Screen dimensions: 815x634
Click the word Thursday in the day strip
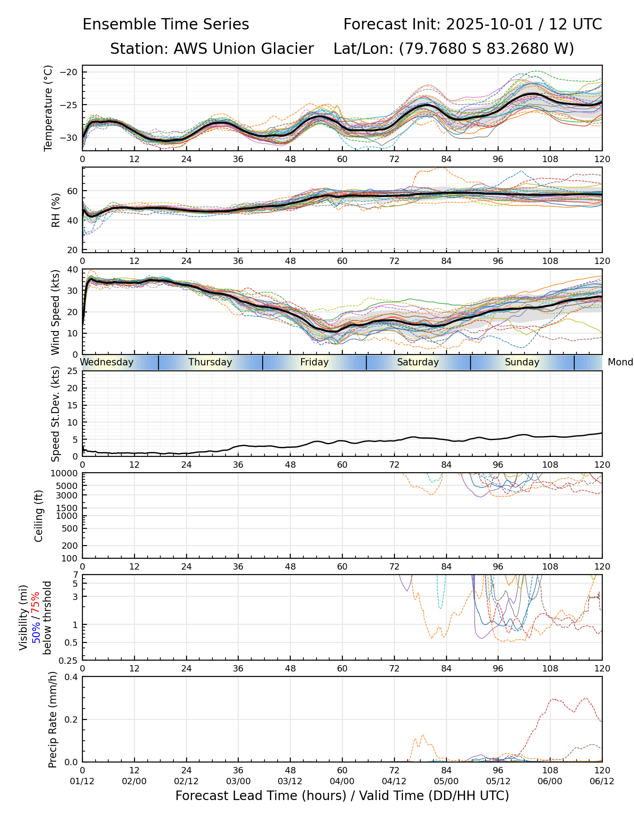[x=210, y=362]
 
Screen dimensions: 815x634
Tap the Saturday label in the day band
[x=418, y=362]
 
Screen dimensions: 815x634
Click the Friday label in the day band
[x=314, y=362]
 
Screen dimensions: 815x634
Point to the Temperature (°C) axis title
[x=48, y=108]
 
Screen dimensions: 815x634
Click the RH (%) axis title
[x=56, y=210]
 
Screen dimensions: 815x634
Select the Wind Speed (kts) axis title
[x=55, y=312]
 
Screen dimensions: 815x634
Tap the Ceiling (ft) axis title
[x=39, y=516]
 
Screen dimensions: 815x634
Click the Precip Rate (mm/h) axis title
[x=53, y=719]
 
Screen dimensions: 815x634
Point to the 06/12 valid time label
[x=602, y=781]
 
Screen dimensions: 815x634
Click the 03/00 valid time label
[x=238, y=781]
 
